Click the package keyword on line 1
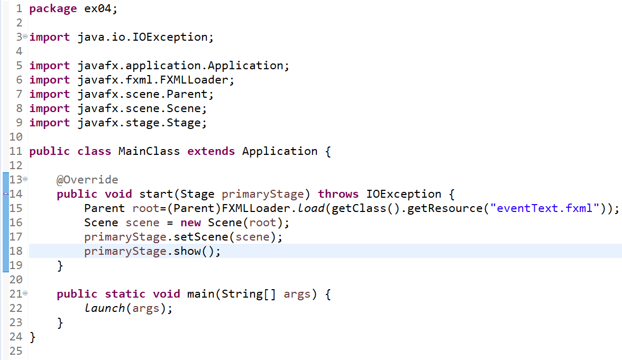click(53, 9)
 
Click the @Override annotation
click(87, 180)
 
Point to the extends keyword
click(211, 151)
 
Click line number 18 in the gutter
click(16, 251)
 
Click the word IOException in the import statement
click(177, 37)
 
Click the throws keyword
click(338, 194)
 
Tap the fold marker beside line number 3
click(24, 37)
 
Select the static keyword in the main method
click(125, 294)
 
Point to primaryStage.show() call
click(152, 251)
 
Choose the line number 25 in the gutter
click(16, 351)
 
